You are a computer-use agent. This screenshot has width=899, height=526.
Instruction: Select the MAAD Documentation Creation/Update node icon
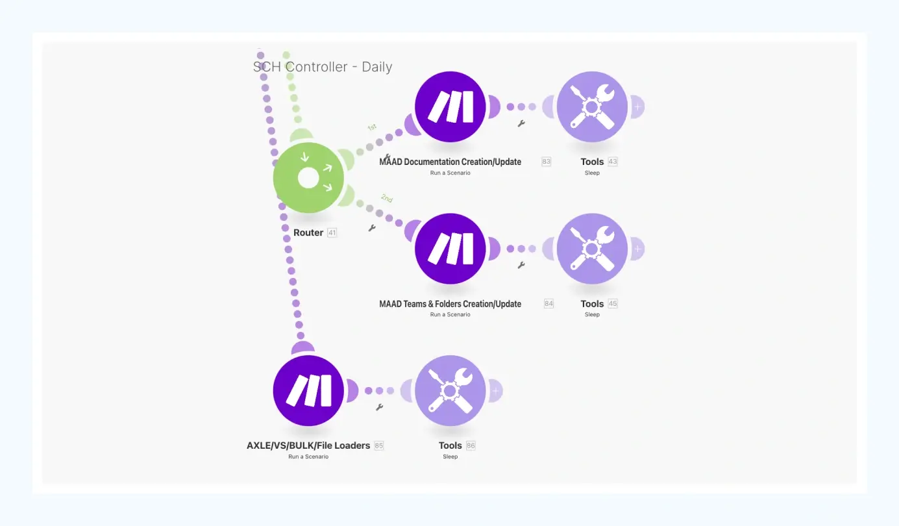450,106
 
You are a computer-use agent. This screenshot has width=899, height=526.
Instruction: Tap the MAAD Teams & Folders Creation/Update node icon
450,249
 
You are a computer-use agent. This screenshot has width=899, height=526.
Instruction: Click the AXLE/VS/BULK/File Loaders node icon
308,390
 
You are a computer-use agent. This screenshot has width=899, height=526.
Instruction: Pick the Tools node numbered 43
592,106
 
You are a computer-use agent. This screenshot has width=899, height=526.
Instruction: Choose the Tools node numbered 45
592,249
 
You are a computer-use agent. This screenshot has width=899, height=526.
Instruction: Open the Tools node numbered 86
450,390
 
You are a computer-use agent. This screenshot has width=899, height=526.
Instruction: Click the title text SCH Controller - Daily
323,67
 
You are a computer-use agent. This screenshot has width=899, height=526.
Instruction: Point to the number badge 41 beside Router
332,232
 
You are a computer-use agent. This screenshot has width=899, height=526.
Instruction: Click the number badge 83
546,162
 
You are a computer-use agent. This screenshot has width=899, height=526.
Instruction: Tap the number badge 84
549,303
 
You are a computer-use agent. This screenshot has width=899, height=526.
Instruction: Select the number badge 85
379,445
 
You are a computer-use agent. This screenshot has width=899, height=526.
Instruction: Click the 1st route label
372,127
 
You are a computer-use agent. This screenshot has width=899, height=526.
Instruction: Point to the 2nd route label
387,198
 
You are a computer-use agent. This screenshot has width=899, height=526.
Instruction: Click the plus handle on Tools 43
637,106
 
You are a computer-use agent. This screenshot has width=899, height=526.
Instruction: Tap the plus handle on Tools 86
496,390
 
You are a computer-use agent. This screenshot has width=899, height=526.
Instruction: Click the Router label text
308,232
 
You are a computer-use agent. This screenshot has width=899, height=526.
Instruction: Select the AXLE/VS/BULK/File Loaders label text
308,445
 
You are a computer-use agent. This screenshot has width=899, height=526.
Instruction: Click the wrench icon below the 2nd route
372,228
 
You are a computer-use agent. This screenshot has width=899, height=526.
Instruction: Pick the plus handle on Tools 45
637,249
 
